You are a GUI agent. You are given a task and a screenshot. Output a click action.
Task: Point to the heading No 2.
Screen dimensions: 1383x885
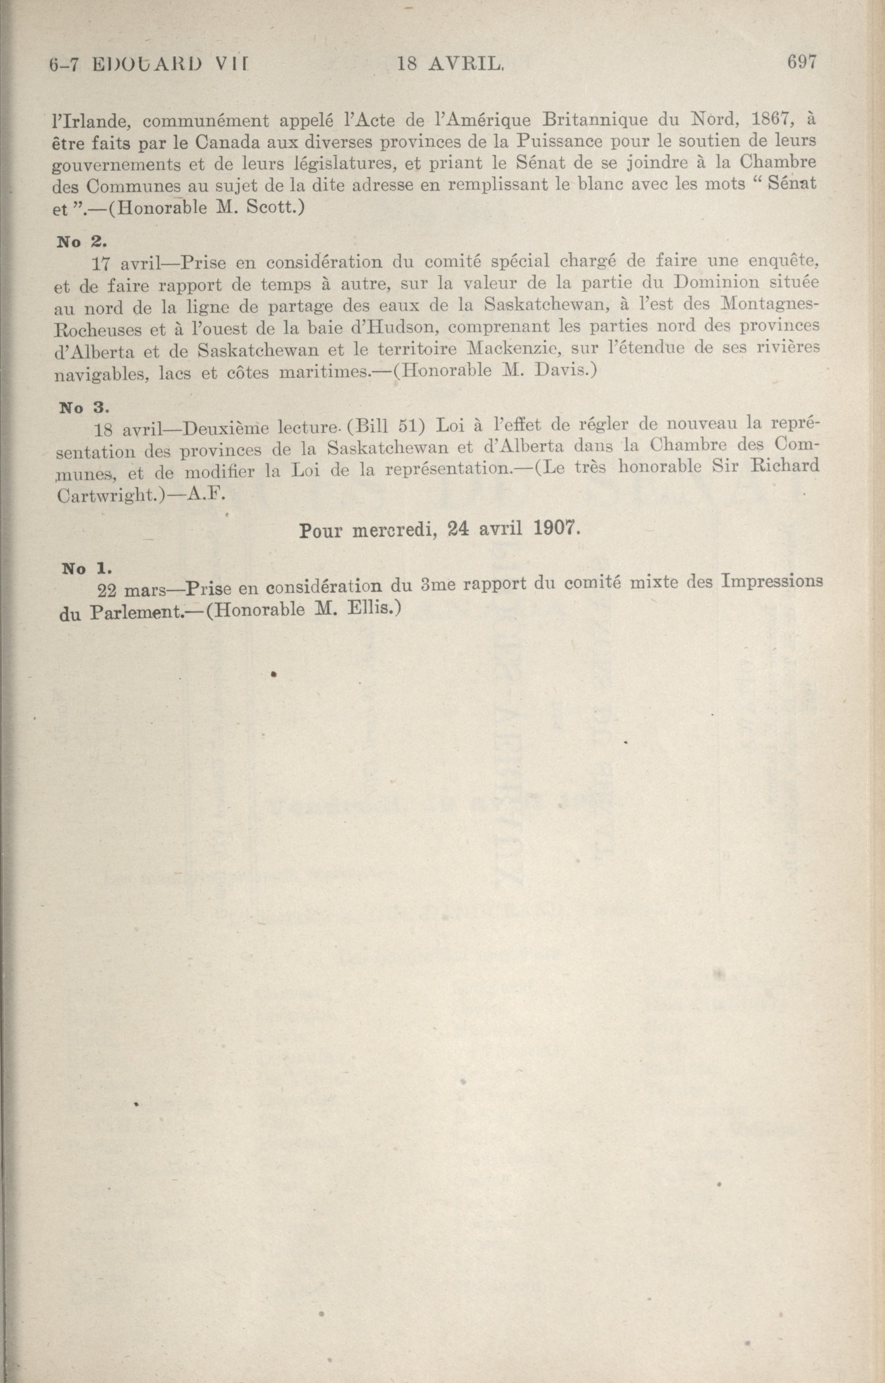pyautogui.click(x=80, y=241)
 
